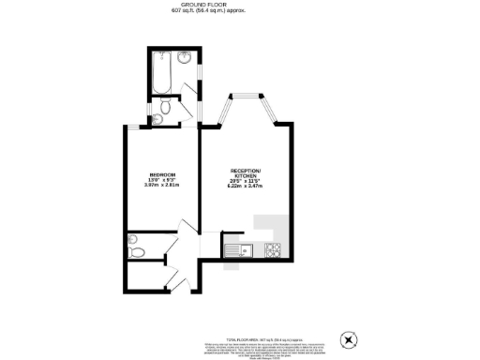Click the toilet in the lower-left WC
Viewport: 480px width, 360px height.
[x=137, y=251]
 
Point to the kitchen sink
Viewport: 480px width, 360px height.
[x=238, y=249]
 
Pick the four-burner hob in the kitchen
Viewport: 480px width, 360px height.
[x=276, y=249]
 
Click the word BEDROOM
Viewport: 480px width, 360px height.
[x=158, y=175]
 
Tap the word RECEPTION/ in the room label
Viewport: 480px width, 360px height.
[x=247, y=171]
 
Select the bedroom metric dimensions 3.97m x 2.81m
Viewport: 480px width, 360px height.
[x=159, y=186]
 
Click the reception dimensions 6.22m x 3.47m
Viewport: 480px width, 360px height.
[x=246, y=187]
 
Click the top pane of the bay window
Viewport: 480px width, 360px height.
[x=246, y=97]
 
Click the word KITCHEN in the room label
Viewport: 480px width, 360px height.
[x=247, y=176]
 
